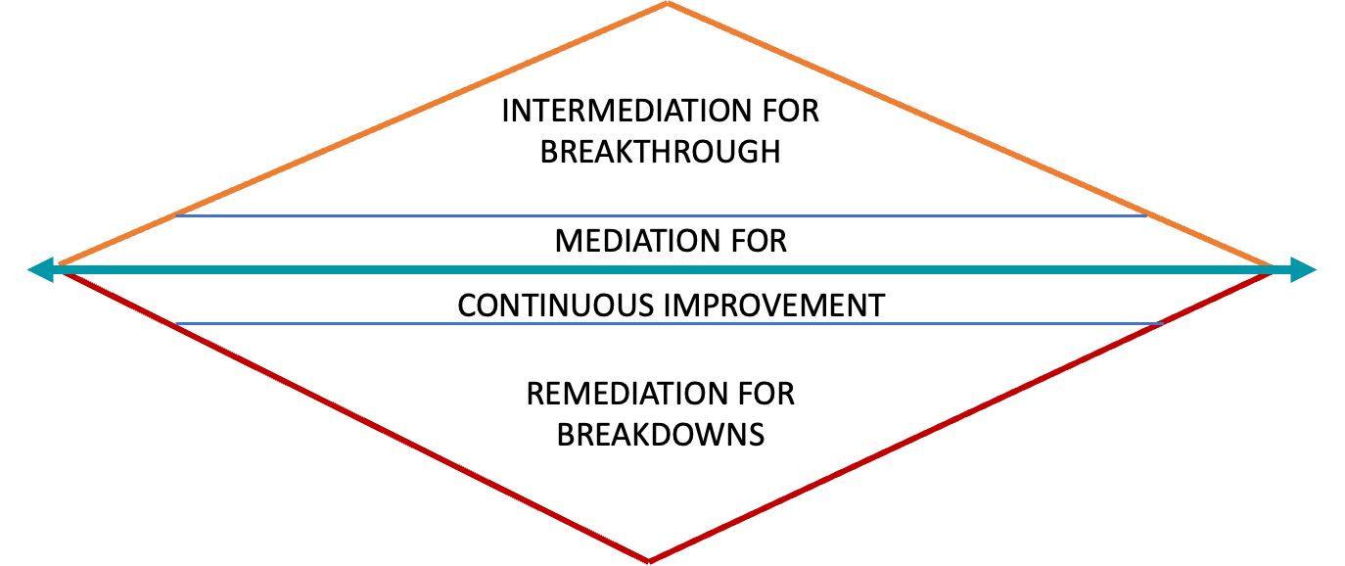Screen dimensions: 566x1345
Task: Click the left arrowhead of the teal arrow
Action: coord(40,269)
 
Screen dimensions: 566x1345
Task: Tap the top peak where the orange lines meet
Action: coord(668,5)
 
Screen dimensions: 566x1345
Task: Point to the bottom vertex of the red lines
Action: coord(648,561)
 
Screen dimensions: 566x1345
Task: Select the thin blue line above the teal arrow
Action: coord(662,215)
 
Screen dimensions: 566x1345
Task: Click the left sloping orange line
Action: coord(362,134)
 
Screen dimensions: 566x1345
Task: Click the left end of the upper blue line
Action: coord(178,215)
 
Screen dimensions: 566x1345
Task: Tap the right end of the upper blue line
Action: coord(1147,215)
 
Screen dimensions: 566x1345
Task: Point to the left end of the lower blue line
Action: coord(176,323)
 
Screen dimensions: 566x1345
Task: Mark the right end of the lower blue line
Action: coord(1162,323)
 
